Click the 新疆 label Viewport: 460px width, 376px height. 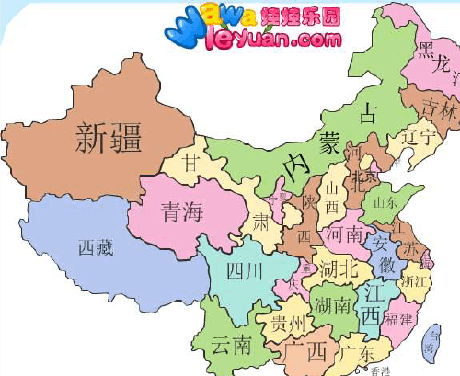pyautogui.click(x=108, y=140)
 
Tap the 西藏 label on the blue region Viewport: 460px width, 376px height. pyautogui.click(x=97, y=247)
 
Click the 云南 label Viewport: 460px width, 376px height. pyautogui.click(x=231, y=346)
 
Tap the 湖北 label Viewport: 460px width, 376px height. pyautogui.click(x=340, y=268)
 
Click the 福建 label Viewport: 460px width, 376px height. pyautogui.click(x=399, y=320)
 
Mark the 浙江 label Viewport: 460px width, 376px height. pyautogui.click(x=415, y=280)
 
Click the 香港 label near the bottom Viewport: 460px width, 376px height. pyautogui.click(x=380, y=370)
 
